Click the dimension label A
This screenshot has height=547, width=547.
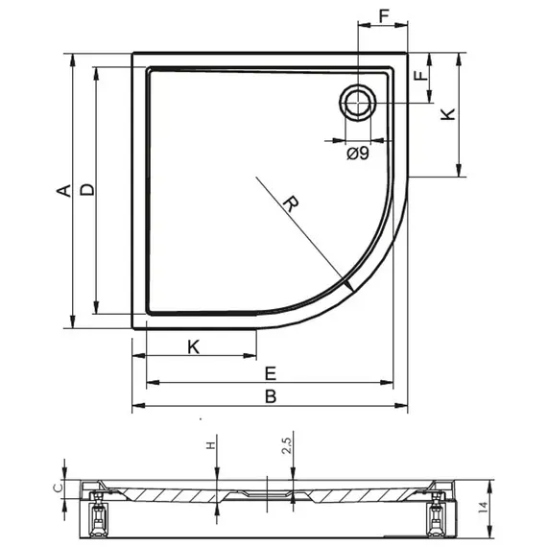(x=64, y=191)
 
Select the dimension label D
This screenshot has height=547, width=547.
(x=87, y=189)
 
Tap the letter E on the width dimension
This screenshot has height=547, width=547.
(x=271, y=373)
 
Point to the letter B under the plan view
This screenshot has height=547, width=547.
(x=271, y=396)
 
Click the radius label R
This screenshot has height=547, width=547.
(x=291, y=203)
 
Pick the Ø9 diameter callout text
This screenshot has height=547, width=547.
(x=358, y=154)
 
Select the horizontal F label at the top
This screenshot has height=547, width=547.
(x=384, y=16)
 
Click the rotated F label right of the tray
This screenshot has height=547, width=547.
(x=421, y=76)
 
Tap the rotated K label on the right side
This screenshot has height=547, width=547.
(x=448, y=114)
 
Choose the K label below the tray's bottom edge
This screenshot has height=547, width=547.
(x=194, y=347)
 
